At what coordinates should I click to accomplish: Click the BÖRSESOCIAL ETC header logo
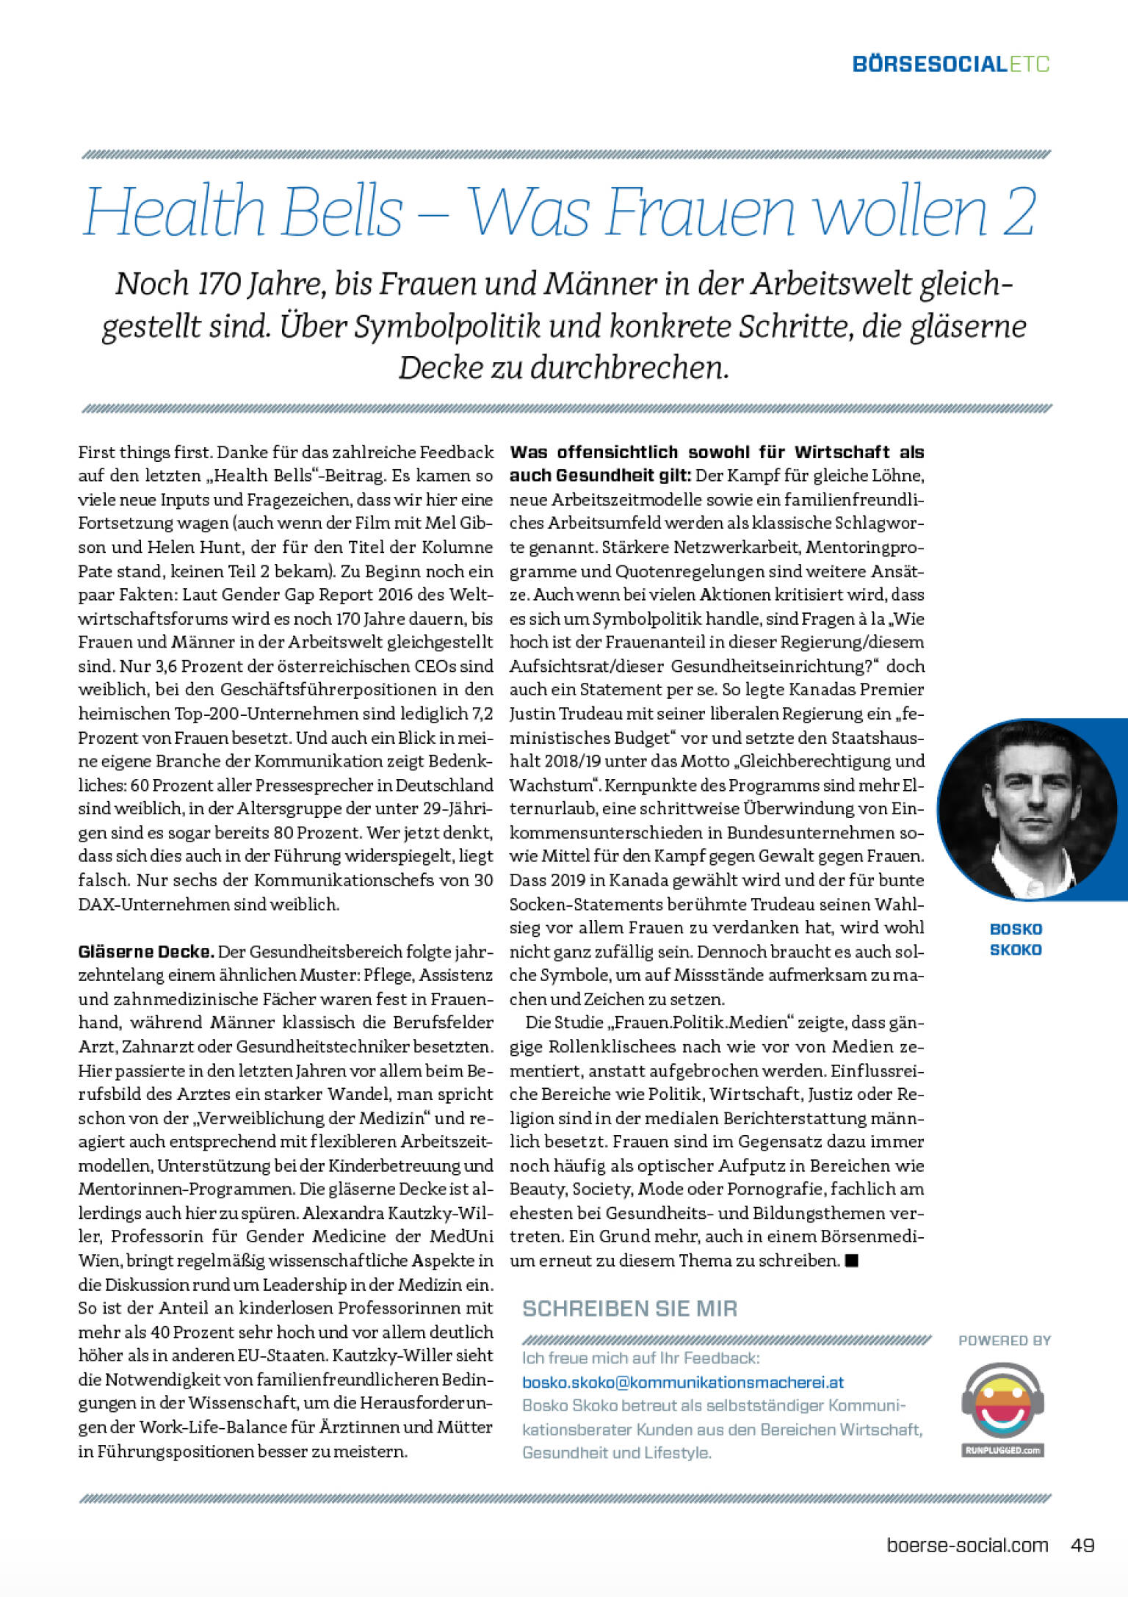point(950,64)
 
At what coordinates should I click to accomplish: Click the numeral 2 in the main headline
point(1018,212)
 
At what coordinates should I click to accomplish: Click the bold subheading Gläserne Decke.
point(145,952)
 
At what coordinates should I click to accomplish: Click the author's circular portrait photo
point(1027,809)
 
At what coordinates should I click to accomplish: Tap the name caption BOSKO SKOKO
point(1016,939)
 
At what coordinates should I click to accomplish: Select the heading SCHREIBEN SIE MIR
point(629,1308)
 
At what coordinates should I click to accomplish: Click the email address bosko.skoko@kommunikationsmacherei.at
point(682,1382)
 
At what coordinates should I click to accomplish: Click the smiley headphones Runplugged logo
point(1002,1409)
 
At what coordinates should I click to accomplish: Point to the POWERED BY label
point(1004,1341)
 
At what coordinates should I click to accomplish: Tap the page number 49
point(1082,1545)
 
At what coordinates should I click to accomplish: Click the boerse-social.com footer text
point(967,1545)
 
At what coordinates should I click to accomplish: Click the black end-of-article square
point(852,1261)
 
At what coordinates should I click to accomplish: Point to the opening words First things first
point(144,452)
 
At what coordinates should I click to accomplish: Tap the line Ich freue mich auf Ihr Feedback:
point(640,1358)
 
